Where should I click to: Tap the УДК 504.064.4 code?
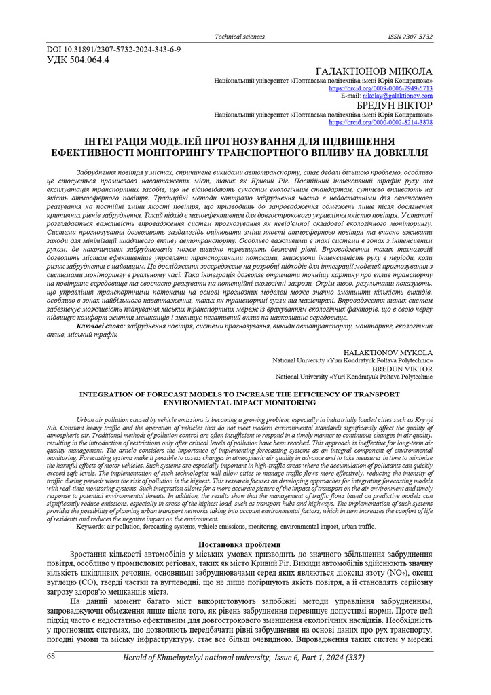point(77,59)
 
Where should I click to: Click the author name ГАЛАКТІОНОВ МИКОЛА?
point(374,71)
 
